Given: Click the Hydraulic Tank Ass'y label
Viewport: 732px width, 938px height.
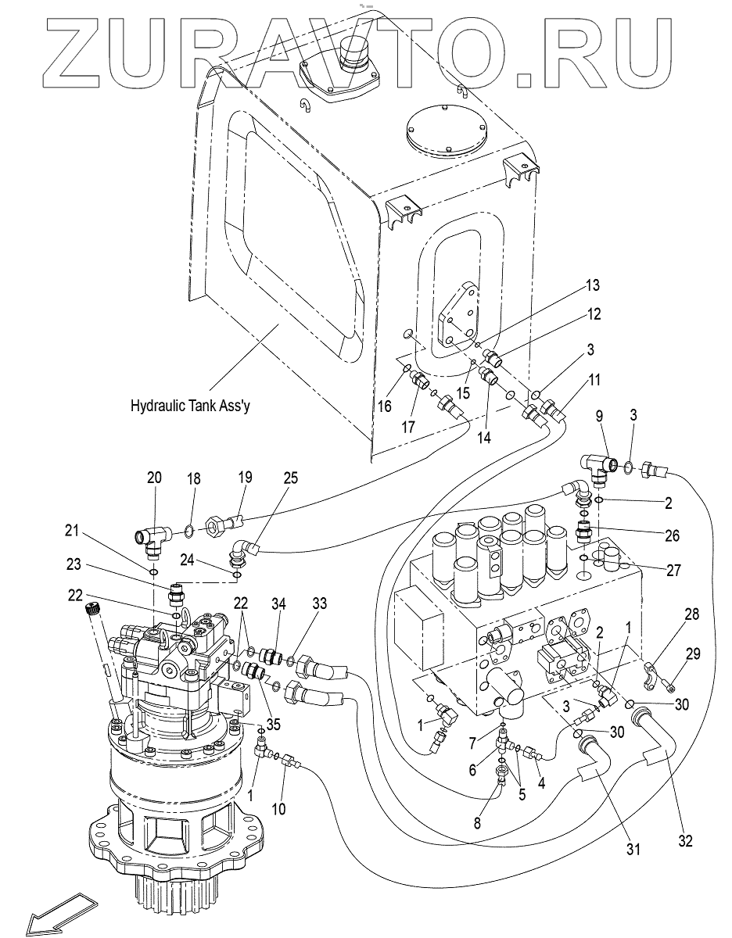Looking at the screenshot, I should pos(194,406).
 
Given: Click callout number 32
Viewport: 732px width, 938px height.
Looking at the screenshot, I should pos(686,841).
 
